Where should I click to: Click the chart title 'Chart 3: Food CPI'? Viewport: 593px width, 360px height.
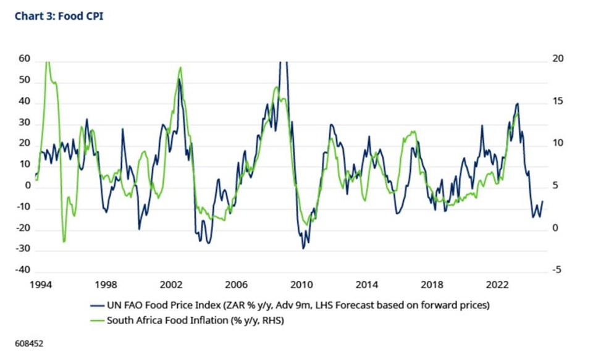point(59,16)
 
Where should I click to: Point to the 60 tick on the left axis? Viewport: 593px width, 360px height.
point(24,59)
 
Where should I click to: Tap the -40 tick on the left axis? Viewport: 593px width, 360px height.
point(22,270)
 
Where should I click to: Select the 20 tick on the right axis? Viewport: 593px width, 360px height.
point(558,59)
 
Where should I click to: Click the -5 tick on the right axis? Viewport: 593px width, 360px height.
point(557,270)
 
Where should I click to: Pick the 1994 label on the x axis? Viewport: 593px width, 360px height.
point(41,285)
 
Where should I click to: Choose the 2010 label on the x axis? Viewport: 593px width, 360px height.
point(301,285)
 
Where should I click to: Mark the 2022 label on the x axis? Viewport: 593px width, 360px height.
point(497,285)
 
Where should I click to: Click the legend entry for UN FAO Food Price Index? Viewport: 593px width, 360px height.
point(290,305)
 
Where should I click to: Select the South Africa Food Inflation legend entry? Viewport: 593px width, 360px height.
point(187,320)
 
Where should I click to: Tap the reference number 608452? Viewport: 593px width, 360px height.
point(29,344)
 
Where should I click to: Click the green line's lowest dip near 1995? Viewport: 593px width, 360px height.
point(64,241)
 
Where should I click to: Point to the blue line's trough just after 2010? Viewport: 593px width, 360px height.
point(303,248)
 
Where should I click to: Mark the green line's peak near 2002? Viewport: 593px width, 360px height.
point(180,67)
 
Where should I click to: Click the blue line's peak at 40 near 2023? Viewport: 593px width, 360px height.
point(518,103)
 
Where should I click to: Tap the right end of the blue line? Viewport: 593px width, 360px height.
point(543,201)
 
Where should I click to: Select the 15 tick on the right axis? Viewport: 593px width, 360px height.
point(558,101)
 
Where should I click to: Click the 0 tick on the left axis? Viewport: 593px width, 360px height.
point(28,185)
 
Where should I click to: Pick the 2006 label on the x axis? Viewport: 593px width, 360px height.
point(236,285)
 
